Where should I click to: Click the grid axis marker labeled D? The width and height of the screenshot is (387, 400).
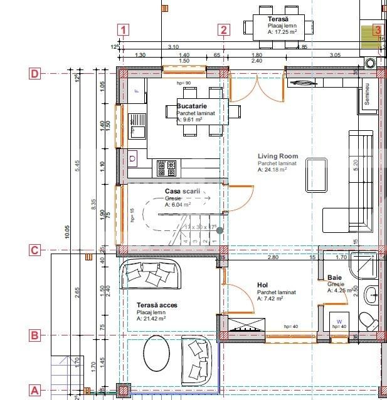[35, 74]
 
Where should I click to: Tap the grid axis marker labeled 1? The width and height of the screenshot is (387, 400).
[124, 29]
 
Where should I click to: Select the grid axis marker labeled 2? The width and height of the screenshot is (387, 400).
[225, 29]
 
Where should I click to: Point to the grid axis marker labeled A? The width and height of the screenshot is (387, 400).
[35, 390]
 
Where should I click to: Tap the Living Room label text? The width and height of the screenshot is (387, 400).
[278, 156]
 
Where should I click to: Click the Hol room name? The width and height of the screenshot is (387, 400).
[262, 285]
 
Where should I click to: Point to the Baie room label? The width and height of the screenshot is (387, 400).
[334, 277]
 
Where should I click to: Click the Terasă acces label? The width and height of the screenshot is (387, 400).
[157, 305]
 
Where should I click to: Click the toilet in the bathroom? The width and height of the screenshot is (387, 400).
[369, 319]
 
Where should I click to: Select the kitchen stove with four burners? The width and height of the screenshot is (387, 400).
[166, 167]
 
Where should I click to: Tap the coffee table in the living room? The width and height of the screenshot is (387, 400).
[316, 175]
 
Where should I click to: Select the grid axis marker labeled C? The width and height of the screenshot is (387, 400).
[35, 250]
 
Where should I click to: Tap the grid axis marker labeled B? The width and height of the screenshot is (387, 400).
[35, 336]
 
